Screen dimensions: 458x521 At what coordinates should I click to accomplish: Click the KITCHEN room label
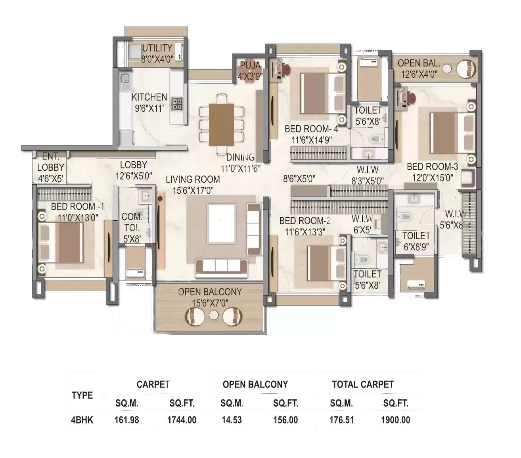149,97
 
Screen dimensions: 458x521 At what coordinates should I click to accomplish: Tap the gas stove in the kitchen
177,104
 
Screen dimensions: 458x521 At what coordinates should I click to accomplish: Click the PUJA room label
250,65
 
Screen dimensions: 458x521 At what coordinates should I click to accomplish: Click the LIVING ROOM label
193,179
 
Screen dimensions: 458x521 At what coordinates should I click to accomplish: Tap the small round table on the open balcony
214,315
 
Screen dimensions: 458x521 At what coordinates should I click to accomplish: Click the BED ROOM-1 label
77,206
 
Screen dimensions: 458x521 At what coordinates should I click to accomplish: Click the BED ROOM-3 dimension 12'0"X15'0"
432,178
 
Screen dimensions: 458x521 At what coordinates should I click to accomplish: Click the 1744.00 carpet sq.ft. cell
182,420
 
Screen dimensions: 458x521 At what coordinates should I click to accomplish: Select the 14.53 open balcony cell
232,420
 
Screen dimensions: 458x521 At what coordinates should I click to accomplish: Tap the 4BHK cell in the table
82,420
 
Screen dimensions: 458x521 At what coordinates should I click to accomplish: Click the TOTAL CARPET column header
363,384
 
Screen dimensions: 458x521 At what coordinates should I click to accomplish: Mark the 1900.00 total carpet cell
395,420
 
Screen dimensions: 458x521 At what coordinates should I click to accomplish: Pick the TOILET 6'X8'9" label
416,236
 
